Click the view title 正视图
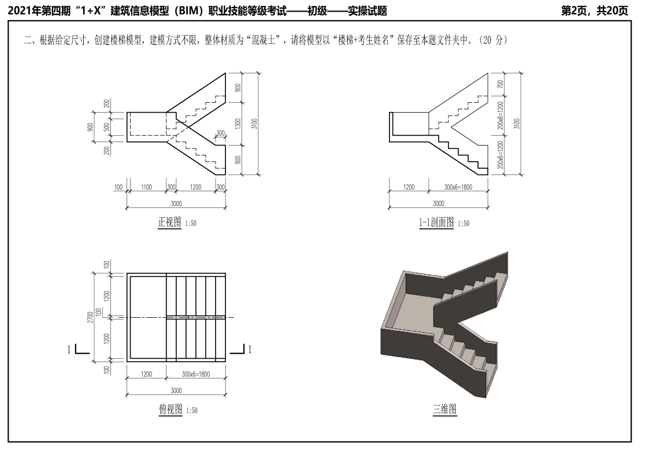click(x=170, y=222)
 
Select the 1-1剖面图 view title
click(x=436, y=222)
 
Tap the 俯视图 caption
click(x=170, y=410)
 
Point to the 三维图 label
click(x=445, y=410)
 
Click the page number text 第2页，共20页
click(x=594, y=11)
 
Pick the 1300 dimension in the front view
click(x=238, y=124)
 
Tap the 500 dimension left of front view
click(x=107, y=127)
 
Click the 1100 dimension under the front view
click(x=147, y=187)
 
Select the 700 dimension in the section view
click(x=500, y=84)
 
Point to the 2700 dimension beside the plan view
click(x=90, y=317)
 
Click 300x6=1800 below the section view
click(x=458, y=187)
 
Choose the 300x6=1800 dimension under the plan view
click(x=196, y=374)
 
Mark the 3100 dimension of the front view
click(x=254, y=124)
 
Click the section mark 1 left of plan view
click(x=69, y=350)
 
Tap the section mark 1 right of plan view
click(x=250, y=350)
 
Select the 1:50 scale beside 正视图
click(x=190, y=224)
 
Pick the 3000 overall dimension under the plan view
click(x=176, y=391)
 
